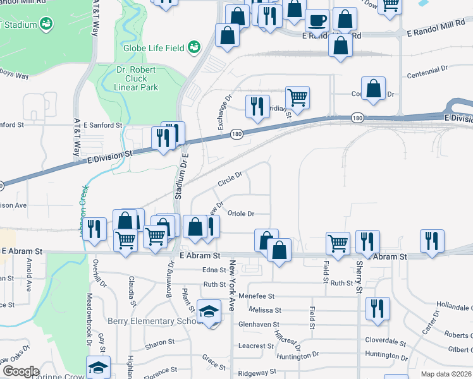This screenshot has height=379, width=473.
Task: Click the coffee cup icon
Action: coord(317,21)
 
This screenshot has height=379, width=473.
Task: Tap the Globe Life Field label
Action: coord(154,48)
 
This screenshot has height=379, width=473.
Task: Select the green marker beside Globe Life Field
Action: coord(193,47)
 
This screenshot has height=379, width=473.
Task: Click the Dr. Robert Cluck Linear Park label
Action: coord(137,78)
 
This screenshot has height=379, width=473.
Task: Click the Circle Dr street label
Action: coord(230,179)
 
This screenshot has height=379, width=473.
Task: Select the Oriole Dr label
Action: coord(240,214)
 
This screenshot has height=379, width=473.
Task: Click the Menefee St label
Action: coord(256,296)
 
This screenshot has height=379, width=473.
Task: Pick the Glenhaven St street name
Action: coord(259,324)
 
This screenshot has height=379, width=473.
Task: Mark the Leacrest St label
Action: coord(256,346)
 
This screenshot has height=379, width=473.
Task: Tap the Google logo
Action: coord(20,371)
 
